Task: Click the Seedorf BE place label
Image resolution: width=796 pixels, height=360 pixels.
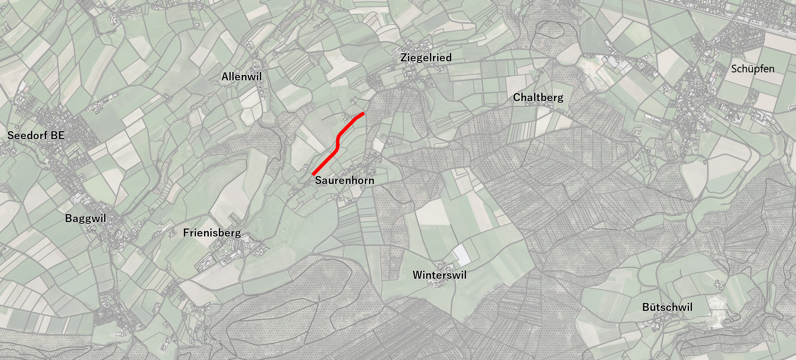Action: tap(36, 135)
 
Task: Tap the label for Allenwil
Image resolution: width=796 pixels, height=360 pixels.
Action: tap(242, 77)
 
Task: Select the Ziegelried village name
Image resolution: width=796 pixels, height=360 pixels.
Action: tap(426, 58)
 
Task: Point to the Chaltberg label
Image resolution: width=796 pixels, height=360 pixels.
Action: tap(538, 97)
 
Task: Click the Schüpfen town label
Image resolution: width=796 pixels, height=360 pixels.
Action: tap(753, 69)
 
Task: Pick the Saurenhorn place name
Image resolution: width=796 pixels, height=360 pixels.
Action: tap(344, 180)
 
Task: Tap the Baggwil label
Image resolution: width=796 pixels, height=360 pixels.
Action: tap(85, 218)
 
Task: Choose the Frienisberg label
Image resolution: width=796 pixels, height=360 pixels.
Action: tap(212, 233)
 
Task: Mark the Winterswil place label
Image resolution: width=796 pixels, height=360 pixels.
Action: tap(440, 275)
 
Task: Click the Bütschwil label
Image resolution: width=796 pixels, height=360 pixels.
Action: tap(667, 307)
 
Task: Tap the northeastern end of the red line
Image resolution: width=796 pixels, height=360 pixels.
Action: tap(363, 113)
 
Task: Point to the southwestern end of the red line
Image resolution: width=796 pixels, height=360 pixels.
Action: tap(313, 174)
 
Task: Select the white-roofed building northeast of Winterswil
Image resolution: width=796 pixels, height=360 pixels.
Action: tap(461, 255)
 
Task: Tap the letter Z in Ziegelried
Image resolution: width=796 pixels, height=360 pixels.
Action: tap(404, 58)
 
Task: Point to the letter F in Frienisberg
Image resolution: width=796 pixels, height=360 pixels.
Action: tap(186, 233)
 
